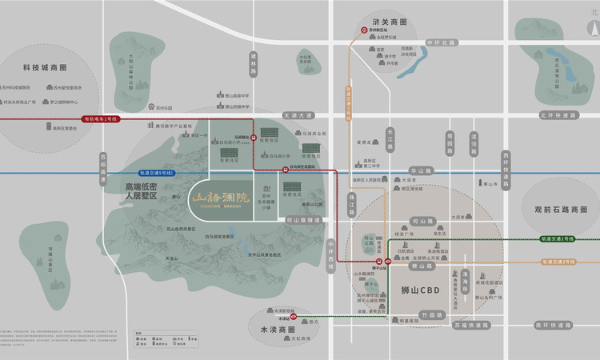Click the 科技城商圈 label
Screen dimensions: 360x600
point(45,69)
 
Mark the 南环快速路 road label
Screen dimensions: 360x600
point(553,325)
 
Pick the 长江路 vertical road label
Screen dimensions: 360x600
point(390,138)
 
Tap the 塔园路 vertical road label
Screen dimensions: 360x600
point(450,141)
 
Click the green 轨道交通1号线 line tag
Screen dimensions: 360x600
point(557,238)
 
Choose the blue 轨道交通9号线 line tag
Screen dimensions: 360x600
point(157,173)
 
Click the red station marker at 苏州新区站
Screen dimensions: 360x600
point(365,31)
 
